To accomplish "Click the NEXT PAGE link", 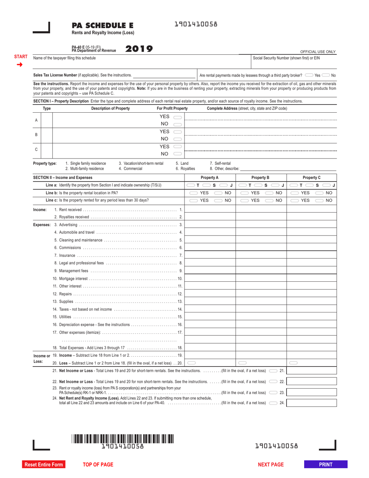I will pyautogui.click(x=271, y=464).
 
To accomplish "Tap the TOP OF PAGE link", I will pyautogui.click(x=98, y=464).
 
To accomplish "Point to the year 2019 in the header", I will pyautogui.click(x=139, y=49).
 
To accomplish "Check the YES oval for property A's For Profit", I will pyautogui.click(x=178, y=117).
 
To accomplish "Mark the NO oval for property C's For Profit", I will pyautogui.click(x=178, y=154).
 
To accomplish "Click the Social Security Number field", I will pyautogui.click(x=294, y=64).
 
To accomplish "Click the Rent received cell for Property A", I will pyautogui.click(x=210, y=210).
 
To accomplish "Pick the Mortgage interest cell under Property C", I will pyautogui.click(x=312, y=279).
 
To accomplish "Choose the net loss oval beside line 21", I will pyautogui.click(x=273, y=371).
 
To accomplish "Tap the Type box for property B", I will pyautogui.click(x=47, y=135).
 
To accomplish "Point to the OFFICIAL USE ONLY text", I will pyautogui.click(x=318, y=52).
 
